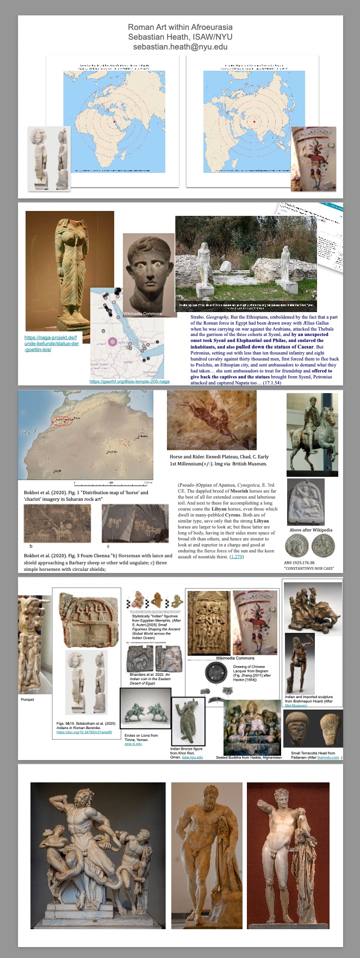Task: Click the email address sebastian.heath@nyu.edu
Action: tap(180, 47)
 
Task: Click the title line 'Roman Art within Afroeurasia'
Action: tap(180, 27)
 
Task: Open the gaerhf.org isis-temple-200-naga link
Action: tap(129, 381)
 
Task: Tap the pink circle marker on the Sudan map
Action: tap(113, 341)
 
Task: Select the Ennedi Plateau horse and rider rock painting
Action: tap(212, 420)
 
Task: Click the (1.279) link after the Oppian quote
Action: tap(237, 557)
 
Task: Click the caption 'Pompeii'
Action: tap(27, 699)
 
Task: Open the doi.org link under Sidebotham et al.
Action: tap(84, 732)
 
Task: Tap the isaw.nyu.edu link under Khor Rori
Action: tap(193, 757)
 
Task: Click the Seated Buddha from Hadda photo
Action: tap(252, 727)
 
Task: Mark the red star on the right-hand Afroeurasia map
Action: tap(254, 121)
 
